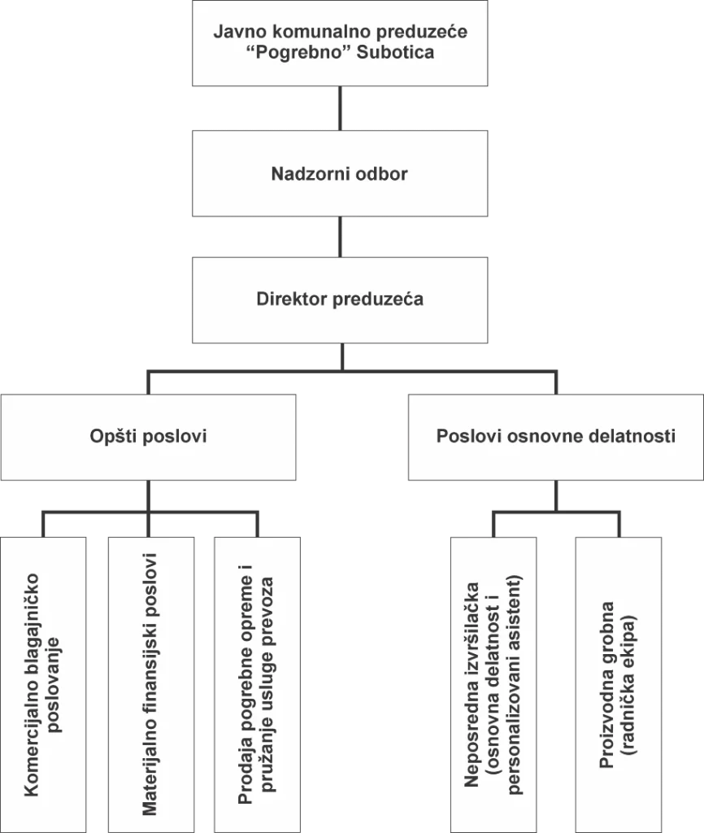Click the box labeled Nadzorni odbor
click(339, 173)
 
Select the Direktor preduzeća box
click(339, 299)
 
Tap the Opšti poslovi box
click(148, 436)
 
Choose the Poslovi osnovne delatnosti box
click(555, 436)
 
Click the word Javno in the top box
click(235, 33)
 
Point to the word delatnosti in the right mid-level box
click(635, 436)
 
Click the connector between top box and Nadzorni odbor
click(340, 109)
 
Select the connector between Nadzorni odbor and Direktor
click(340, 236)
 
